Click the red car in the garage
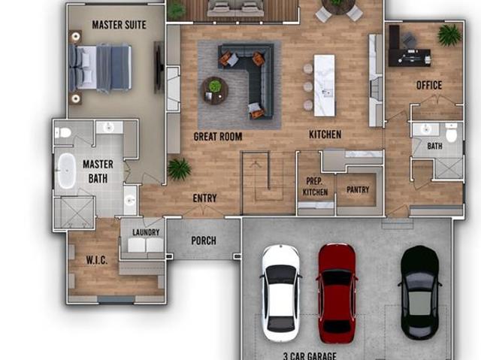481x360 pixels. pos(337,293)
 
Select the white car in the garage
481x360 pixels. pos(280,293)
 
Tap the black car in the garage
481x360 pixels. pos(420,293)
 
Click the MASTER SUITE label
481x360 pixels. pos(119,25)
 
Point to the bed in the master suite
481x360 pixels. pos(100,68)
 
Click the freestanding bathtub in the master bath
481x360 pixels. pos(67,171)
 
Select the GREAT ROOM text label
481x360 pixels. pos(218,137)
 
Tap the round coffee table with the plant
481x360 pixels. pos(215,90)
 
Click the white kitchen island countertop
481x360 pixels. pos(324,85)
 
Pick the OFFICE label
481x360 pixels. pos(429,85)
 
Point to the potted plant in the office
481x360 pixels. pos(449,35)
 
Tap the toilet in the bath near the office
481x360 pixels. pos(451,132)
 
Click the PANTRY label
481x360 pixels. pos(358,190)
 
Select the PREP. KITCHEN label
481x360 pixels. pos(315,186)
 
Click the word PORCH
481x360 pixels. pos(204,241)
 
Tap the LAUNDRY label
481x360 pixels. pos(146,232)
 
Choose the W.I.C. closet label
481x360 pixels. pos(97,260)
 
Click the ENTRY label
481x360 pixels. pos(204,198)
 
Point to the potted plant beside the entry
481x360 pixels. pos(179,169)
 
